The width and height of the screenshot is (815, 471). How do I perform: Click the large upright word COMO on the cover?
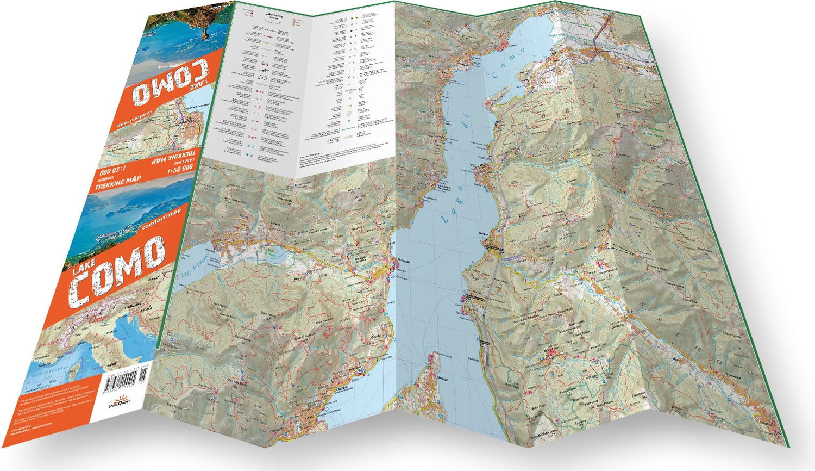(x=117, y=272)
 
